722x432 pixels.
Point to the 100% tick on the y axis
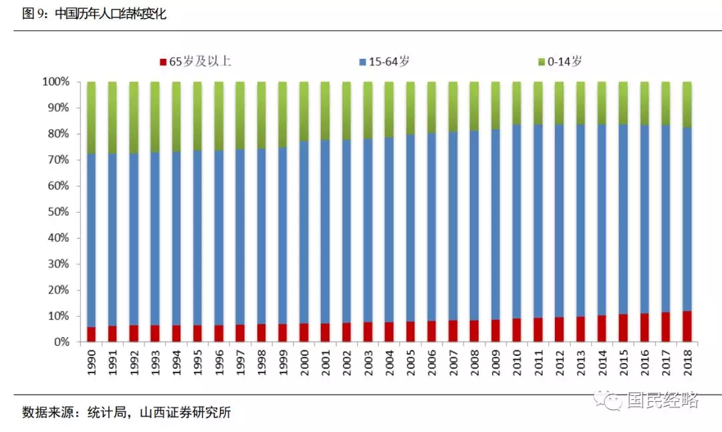[56, 82]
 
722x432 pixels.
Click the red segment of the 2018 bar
[687, 326]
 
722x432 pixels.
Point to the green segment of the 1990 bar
[92, 118]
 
